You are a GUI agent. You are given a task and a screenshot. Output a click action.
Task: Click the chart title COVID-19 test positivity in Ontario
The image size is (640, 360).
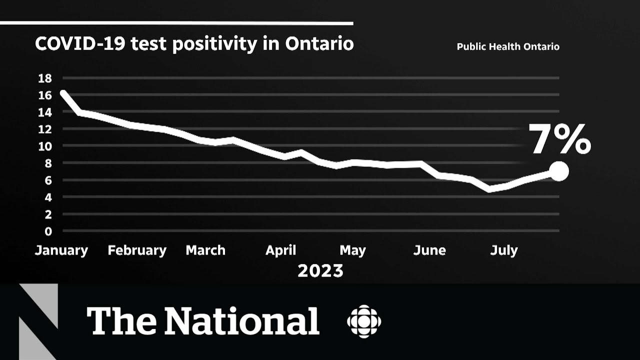point(194,44)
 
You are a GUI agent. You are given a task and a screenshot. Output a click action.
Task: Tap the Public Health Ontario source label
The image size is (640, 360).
point(508,47)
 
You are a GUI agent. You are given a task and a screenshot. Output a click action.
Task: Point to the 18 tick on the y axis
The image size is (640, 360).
point(45,78)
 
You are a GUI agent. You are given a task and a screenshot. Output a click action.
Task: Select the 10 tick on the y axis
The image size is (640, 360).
point(45,146)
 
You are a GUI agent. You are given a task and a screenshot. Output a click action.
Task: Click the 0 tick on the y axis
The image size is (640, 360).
point(48,231)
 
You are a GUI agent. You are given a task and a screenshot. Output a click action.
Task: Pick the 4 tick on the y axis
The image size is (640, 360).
point(48,197)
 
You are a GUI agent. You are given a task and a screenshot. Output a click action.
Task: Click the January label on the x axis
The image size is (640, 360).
point(61,250)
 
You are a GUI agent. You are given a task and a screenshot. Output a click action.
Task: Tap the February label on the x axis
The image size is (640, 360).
point(137,250)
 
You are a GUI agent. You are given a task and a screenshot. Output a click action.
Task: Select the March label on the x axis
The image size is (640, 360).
point(205,250)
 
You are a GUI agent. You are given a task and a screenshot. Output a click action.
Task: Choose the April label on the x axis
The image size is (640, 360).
point(280,250)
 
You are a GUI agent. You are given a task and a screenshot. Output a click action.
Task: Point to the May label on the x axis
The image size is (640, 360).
point(352,250)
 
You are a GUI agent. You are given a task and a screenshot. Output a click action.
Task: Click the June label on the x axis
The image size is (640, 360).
point(429,250)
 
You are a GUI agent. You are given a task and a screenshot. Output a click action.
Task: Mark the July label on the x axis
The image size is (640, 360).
point(503,250)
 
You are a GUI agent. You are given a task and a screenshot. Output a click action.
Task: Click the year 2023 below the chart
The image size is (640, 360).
point(320,271)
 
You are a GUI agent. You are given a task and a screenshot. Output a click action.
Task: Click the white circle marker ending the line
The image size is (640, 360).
point(559,171)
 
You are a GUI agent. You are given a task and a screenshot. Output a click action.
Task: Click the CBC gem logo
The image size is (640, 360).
point(364,321)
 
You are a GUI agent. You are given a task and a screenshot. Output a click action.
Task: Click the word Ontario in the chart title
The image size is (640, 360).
point(319,44)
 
